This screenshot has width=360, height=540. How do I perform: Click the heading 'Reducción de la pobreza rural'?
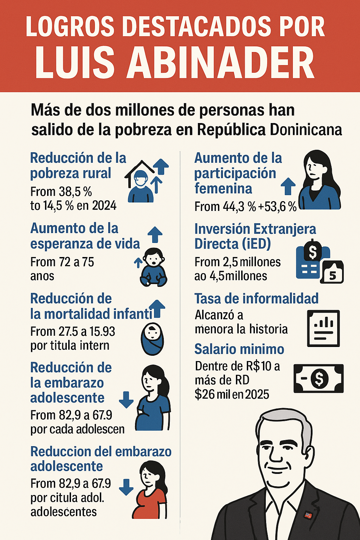[78, 166]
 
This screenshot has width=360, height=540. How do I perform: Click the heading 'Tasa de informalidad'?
[256, 299]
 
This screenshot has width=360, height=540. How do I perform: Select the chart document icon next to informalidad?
[323, 328]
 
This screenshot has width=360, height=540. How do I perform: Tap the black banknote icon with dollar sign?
[319, 379]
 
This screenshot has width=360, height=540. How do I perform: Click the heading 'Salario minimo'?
[239, 349]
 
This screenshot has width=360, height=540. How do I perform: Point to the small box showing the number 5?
[332, 272]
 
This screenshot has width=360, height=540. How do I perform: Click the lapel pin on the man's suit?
[308, 515]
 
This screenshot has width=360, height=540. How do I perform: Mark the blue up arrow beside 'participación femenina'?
[288, 186]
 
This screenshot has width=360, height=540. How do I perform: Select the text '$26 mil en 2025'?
[232, 394]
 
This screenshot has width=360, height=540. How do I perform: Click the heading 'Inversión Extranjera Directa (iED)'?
[255, 236]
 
